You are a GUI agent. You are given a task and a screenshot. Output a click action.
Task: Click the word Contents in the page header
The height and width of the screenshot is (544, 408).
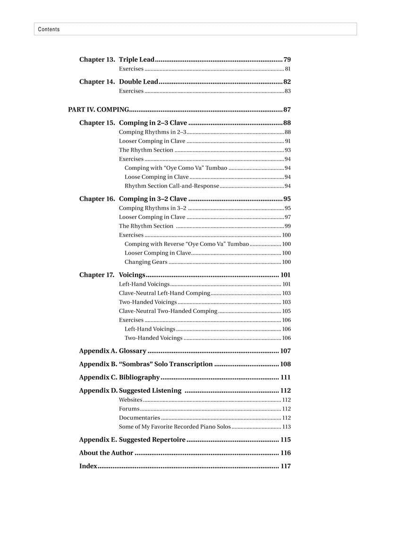[49, 29]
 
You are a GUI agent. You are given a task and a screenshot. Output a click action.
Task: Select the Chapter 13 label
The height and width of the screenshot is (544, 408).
[97, 59]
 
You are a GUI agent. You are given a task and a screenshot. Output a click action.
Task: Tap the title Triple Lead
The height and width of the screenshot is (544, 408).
[136, 59]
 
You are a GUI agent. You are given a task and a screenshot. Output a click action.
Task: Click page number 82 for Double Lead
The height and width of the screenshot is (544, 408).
[287, 82]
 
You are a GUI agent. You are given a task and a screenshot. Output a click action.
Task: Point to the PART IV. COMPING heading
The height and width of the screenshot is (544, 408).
[98, 110]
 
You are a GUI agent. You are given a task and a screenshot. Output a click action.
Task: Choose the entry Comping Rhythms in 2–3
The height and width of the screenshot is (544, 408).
[153, 132]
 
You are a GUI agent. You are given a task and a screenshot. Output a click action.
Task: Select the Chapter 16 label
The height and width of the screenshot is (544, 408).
[97, 199]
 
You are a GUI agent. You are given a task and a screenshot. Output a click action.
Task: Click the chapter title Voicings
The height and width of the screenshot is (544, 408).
[132, 275]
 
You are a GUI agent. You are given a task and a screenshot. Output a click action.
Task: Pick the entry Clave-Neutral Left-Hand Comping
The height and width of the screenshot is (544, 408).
[164, 293]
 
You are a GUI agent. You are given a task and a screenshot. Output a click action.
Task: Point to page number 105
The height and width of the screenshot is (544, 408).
[286, 311]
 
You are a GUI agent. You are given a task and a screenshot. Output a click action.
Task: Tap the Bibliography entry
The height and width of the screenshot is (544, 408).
[139, 377]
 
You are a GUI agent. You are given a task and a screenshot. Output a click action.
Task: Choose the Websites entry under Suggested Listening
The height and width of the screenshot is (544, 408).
[130, 400]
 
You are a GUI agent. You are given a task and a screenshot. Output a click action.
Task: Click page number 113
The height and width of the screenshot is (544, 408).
[286, 427]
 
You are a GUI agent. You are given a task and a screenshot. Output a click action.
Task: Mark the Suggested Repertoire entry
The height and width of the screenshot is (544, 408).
[152, 440]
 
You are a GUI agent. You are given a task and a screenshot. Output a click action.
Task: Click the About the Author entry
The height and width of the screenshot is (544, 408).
[106, 453]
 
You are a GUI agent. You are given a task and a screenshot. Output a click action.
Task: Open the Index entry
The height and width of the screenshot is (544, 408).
[88, 466]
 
